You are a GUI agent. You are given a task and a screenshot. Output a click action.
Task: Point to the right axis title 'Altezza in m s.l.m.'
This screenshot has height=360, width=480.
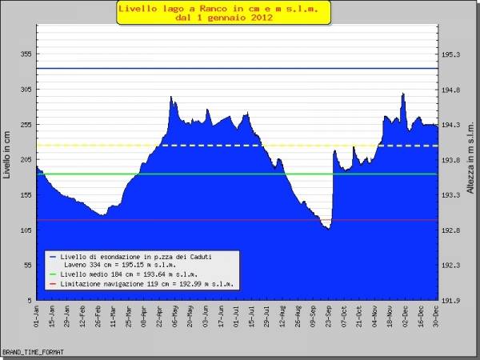coord(471,160)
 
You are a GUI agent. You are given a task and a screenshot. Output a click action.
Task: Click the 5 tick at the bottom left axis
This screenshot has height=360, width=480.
coord(28,300)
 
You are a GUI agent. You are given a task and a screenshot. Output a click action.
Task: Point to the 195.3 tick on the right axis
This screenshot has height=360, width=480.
coord(451,54)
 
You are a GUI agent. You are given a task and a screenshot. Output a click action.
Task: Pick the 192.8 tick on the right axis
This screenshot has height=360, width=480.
coord(451,230)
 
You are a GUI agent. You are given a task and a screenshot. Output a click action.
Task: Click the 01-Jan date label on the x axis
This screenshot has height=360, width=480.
coord(38,317)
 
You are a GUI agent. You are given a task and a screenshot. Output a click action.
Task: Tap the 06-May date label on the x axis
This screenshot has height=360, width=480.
coord(173,317)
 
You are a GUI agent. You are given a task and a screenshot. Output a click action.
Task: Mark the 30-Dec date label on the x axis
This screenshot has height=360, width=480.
coord(435,317)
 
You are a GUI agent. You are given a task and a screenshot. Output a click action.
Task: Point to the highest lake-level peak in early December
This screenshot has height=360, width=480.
coord(402,94)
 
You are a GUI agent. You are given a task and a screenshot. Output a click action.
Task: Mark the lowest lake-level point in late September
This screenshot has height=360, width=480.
coord(327,229)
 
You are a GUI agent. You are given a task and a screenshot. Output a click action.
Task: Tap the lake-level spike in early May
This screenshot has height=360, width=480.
coord(171,98)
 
